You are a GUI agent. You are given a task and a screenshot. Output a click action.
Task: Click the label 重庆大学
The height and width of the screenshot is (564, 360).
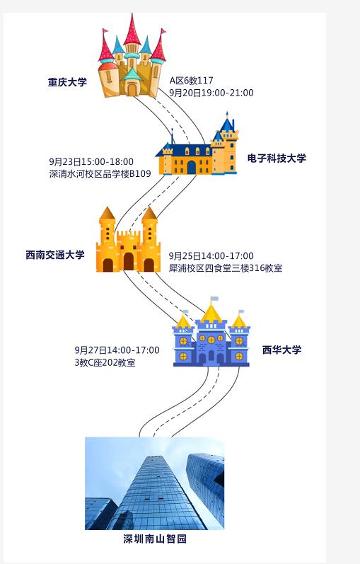(x=68, y=82)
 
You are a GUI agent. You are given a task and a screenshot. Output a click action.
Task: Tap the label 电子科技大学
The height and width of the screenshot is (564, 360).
(x=277, y=158)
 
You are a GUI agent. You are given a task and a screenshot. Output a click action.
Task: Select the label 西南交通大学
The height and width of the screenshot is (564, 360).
(x=55, y=255)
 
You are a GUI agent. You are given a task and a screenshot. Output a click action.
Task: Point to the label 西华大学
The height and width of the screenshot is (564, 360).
(x=281, y=350)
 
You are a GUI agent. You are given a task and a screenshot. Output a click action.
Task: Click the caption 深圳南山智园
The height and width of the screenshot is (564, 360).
(x=155, y=539)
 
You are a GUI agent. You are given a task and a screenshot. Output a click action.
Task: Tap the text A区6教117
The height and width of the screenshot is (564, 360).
(x=192, y=80)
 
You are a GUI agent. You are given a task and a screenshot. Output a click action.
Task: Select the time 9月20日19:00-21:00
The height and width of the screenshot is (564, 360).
(x=211, y=93)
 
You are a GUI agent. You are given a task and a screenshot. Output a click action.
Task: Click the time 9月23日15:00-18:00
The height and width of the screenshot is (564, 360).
(x=91, y=161)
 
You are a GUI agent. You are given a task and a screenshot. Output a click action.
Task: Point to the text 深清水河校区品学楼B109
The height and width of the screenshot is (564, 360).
(x=100, y=174)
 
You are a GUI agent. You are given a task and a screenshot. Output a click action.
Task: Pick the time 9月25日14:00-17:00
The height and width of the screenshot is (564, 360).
(x=211, y=255)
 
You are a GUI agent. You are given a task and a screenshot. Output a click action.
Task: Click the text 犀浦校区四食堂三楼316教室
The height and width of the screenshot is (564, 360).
(x=226, y=268)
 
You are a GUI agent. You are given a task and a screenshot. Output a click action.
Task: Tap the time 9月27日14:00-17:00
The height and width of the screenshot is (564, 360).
(x=117, y=350)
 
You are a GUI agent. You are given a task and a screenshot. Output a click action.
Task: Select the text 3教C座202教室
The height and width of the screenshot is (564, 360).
(x=105, y=362)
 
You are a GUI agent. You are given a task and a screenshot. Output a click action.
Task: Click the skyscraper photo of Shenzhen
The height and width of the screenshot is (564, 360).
(x=155, y=483)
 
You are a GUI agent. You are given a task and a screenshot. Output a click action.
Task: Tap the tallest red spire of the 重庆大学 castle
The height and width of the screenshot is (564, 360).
(x=132, y=30)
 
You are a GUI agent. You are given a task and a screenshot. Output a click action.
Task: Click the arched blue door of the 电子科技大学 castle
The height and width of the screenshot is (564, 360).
(x=192, y=167)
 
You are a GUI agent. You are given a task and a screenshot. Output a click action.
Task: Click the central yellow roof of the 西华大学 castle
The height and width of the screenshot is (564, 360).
(x=211, y=313)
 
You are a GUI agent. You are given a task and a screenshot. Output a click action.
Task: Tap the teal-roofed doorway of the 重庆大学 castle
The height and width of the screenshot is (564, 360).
(x=132, y=84)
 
